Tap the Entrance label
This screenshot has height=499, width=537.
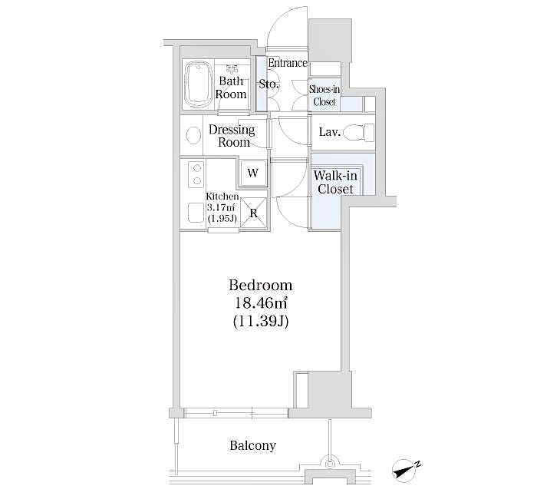pyautogui.click(x=288, y=63)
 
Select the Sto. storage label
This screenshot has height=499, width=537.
pyautogui.click(x=268, y=84)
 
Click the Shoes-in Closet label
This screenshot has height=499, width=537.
pyautogui.click(x=323, y=95)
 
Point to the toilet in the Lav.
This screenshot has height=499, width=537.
pyautogui.click(x=356, y=132)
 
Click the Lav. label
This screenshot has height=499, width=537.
pyautogui.click(x=329, y=132)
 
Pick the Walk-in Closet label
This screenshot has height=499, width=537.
pyautogui.click(x=335, y=183)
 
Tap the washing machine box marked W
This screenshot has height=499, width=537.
pyautogui.click(x=252, y=173)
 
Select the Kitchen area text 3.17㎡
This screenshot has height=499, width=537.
pyautogui.click(x=220, y=207)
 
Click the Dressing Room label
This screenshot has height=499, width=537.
pyautogui.click(x=232, y=136)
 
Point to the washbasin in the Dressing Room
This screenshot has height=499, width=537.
pyautogui.click(x=191, y=136)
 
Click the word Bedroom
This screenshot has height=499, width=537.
pyautogui.click(x=260, y=285)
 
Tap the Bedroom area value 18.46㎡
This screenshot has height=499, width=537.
pyautogui.click(x=260, y=304)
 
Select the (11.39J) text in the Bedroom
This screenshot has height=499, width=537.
pyautogui.click(x=260, y=323)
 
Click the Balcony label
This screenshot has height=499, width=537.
pyautogui.click(x=252, y=445)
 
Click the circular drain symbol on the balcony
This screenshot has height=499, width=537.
pyautogui.click(x=330, y=463)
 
